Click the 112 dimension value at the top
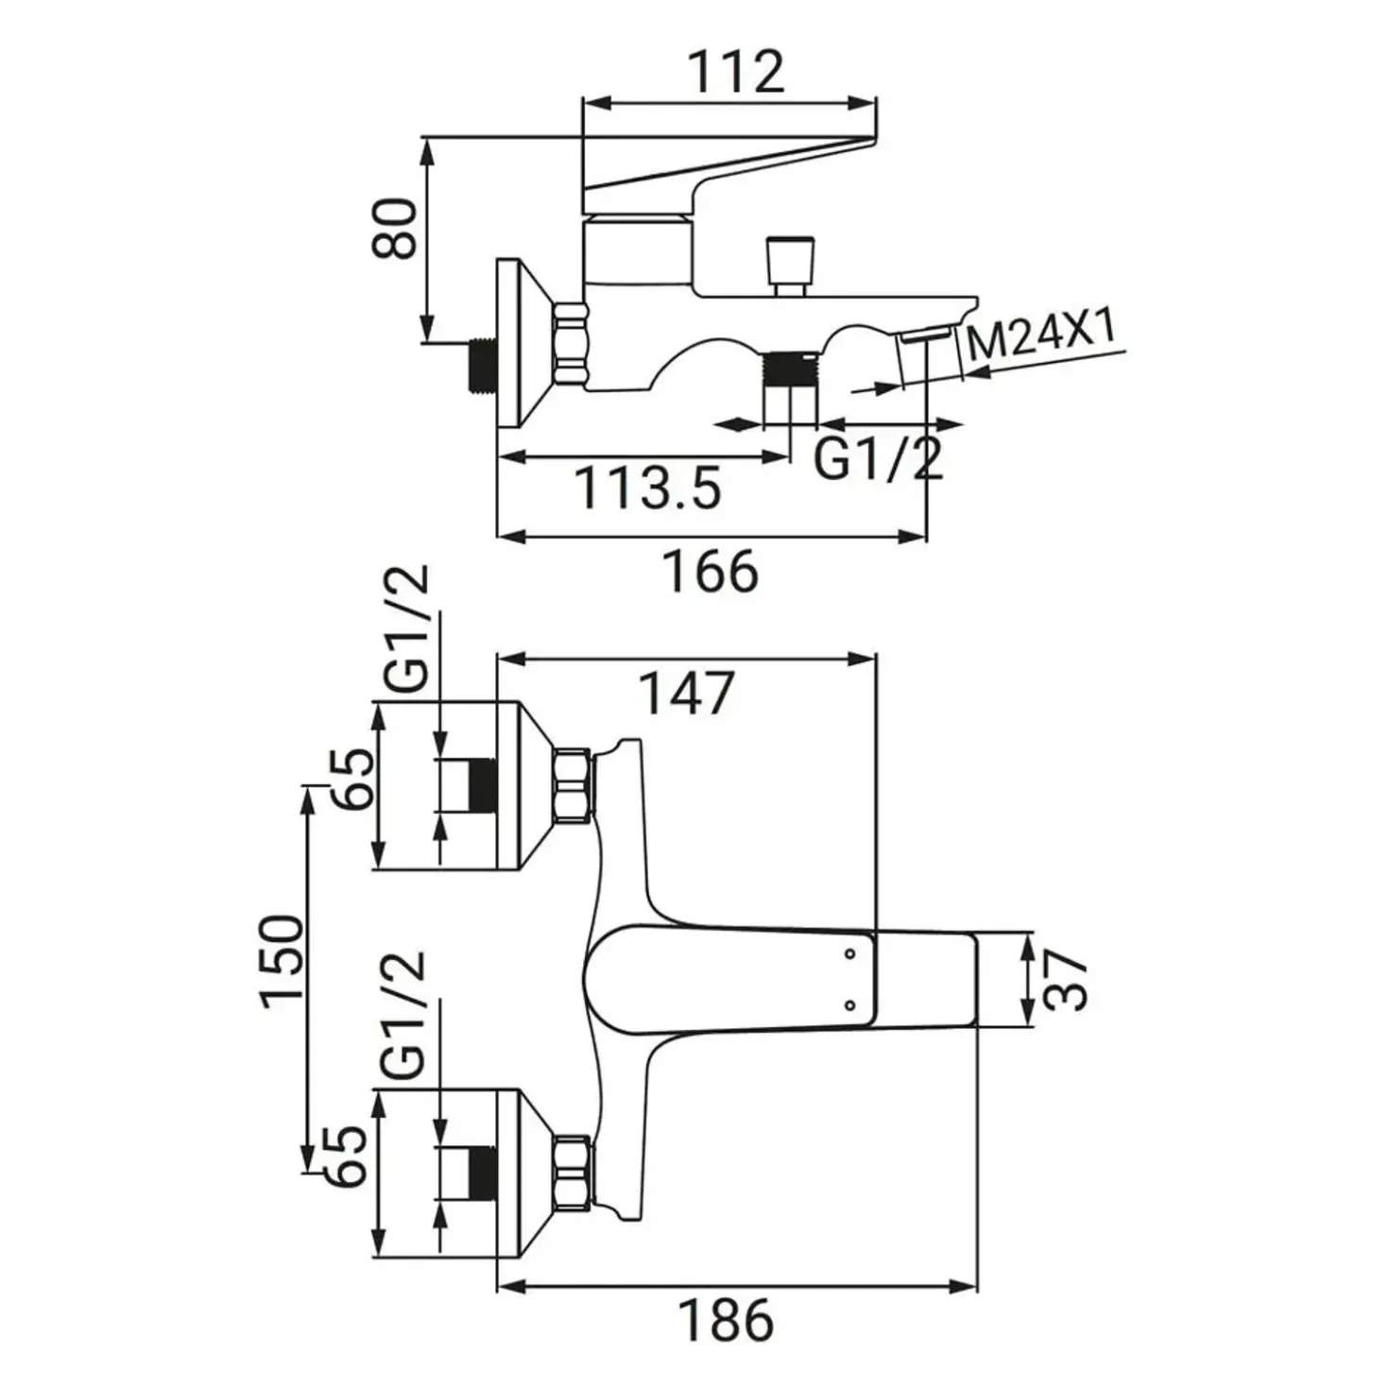point(737,72)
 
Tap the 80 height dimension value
point(395,227)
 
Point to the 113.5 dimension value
point(649,489)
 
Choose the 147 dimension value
point(687,694)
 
